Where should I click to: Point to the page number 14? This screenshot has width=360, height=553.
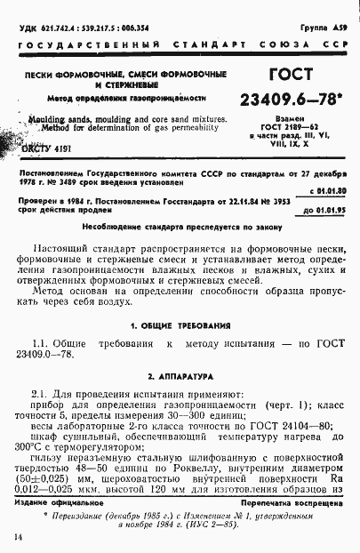tap(17, 539)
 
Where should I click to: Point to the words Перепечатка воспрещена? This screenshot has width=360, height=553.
tap(292, 502)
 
